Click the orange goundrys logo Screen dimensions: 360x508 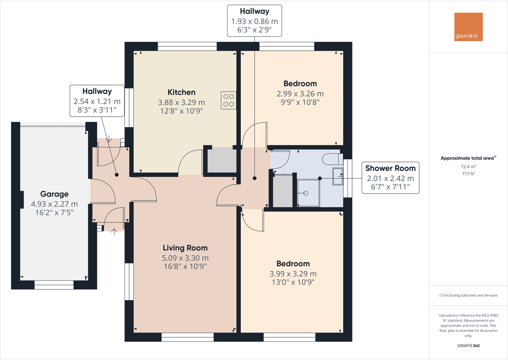tap(468, 27)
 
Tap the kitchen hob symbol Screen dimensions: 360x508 tap(228, 100)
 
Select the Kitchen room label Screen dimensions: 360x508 tap(181, 92)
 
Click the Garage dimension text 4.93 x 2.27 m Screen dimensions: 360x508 tap(54, 204)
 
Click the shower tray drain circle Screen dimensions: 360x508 tap(306, 193)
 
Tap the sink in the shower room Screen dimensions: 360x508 tap(338, 176)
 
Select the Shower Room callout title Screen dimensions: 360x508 tap(390, 168)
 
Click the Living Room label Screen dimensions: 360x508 tap(185, 248)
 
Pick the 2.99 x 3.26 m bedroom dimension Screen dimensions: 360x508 tap(300, 94)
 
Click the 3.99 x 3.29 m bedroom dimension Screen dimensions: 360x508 tap(293, 274)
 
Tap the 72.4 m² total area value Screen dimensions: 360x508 tap(468, 166)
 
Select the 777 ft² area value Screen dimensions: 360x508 tap(468, 174)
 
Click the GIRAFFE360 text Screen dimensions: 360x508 tap(468, 346)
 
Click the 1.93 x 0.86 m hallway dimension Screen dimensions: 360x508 tap(254, 21)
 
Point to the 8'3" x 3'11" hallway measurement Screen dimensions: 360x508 tap(97, 110)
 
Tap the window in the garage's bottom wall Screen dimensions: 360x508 tap(54, 285)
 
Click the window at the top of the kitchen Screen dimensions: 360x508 tap(187, 47)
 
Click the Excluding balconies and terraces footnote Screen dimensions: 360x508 tap(468, 295)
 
